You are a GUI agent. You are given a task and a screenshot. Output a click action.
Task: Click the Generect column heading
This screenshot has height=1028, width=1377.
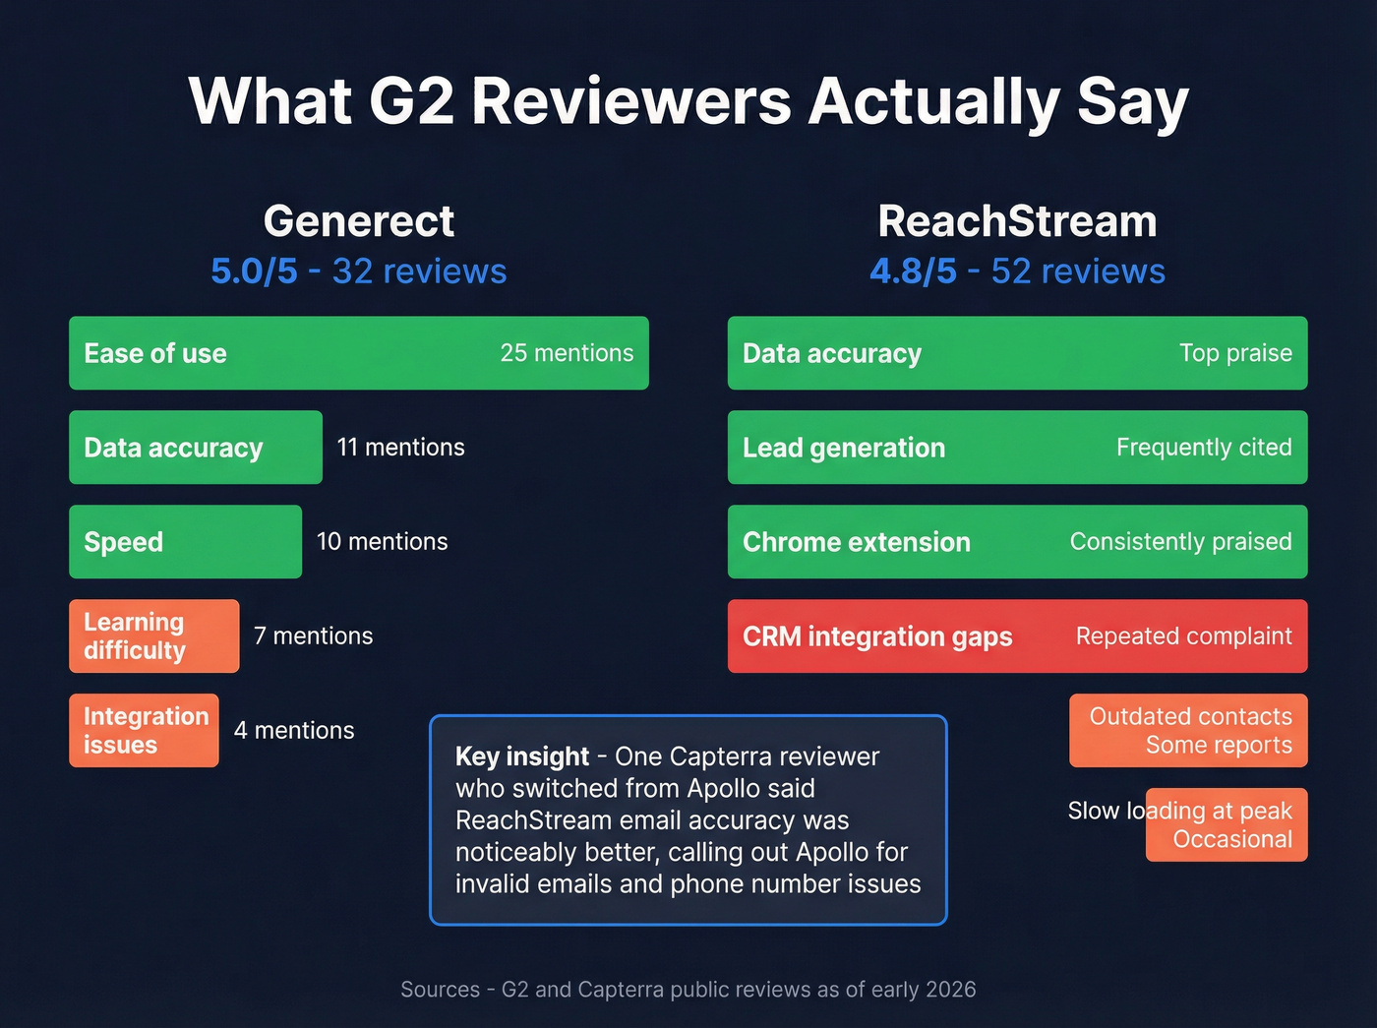(x=359, y=221)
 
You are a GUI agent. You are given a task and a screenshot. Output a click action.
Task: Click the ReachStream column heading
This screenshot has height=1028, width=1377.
(x=1017, y=221)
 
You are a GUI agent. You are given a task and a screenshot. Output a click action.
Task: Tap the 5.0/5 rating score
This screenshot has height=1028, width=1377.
(x=254, y=272)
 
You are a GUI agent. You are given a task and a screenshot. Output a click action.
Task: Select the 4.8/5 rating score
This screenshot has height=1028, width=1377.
(x=913, y=272)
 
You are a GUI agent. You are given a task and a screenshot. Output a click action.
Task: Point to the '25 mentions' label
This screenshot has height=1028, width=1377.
(x=567, y=353)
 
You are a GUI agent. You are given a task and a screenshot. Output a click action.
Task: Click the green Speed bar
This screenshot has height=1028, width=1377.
(x=185, y=542)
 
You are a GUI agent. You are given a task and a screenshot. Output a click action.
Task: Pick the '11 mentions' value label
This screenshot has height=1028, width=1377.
(x=400, y=448)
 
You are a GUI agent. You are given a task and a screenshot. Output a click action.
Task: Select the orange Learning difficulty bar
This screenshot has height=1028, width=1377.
(x=153, y=636)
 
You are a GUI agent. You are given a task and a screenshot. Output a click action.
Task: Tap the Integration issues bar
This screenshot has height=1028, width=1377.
(x=144, y=731)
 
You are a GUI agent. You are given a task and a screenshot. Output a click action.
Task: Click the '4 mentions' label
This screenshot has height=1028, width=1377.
(x=294, y=731)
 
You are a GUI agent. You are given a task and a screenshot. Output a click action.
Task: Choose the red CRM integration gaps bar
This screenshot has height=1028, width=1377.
(x=1017, y=636)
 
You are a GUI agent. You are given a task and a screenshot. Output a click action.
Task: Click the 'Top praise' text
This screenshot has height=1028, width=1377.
(x=1235, y=353)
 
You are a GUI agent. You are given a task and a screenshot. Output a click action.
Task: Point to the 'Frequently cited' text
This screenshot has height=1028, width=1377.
(x=1204, y=448)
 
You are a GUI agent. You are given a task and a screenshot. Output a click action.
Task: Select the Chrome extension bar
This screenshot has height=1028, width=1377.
(x=1017, y=542)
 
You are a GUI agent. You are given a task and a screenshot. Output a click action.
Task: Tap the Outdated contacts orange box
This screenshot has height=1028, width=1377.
(x=1188, y=731)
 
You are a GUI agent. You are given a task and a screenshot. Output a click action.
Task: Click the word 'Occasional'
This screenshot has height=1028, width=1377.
(x=1232, y=840)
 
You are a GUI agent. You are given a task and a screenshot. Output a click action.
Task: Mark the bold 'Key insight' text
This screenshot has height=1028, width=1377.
(x=521, y=756)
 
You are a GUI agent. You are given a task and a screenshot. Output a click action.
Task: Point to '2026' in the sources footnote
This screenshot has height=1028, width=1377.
(x=950, y=990)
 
